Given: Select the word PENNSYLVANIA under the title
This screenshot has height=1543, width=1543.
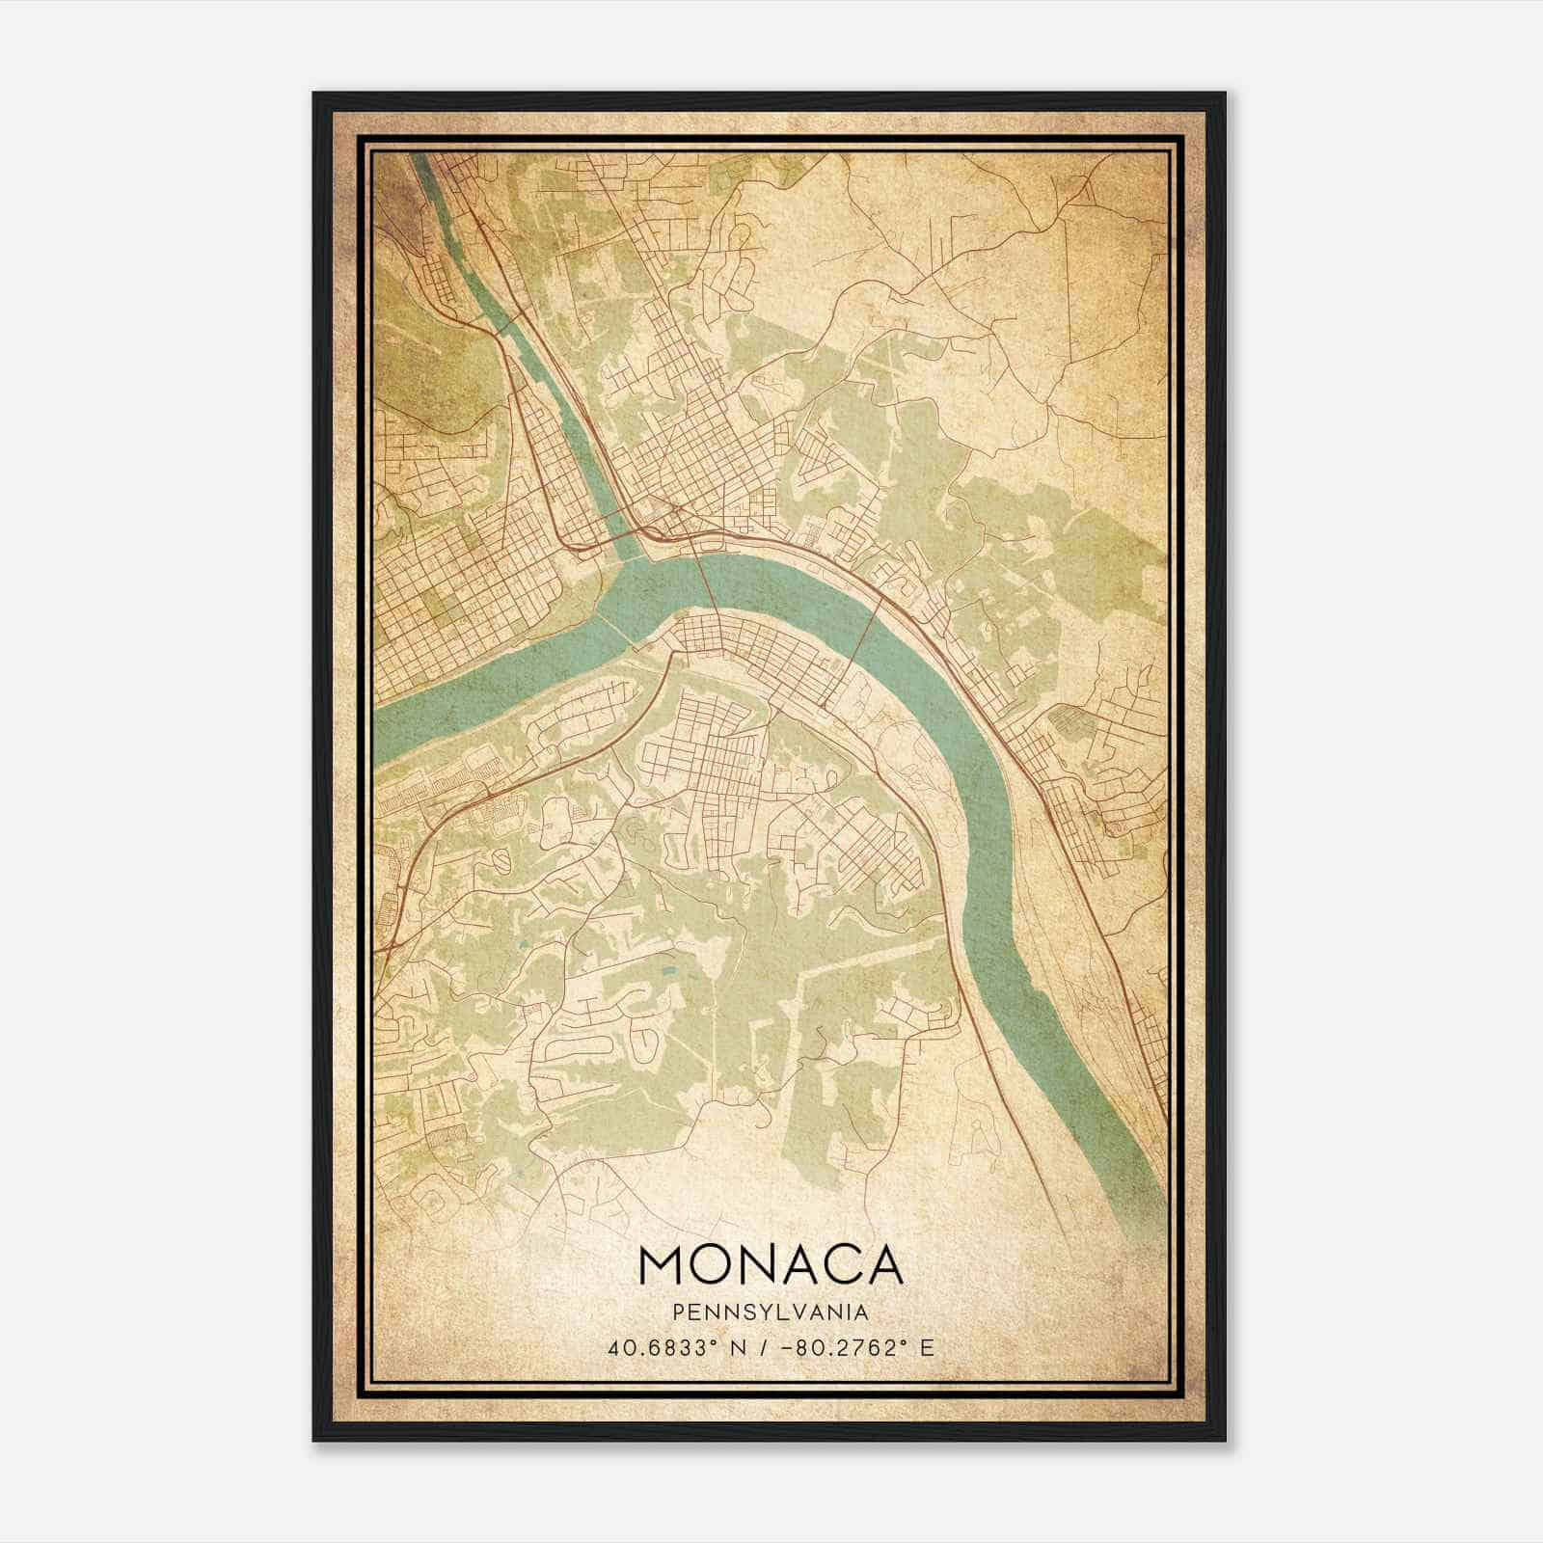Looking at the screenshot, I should tap(770, 1313).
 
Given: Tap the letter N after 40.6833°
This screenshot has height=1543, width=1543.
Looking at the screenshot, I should tap(739, 1347).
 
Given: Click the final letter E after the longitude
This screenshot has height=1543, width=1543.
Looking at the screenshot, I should tap(927, 1347).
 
